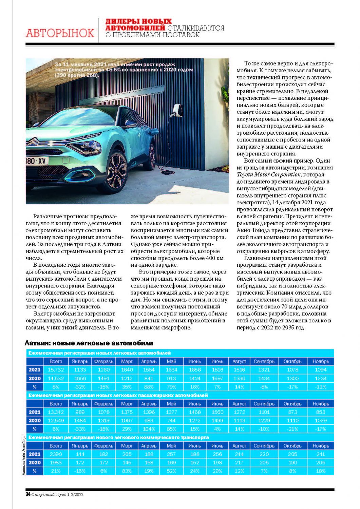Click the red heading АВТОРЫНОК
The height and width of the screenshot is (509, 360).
click(x=60, y=33)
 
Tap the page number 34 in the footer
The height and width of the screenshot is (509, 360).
click(x=28, y=494)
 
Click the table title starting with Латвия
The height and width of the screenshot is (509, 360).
click(x=89, y=343)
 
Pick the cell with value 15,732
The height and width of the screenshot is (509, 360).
click(x=56, y=370)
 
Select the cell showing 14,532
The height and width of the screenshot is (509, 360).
click(x=56, y=378)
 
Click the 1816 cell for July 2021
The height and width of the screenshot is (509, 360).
click(x=217, y=370)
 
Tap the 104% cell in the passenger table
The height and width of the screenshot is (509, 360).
click(x=149, y=429)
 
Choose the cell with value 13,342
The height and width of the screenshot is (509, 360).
click(x=56, y=412)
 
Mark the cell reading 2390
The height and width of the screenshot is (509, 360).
click(x=56, y=454)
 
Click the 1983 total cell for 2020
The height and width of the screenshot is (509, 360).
click(x=56, y=463)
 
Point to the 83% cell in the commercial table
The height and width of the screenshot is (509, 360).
click(x=127, y=471)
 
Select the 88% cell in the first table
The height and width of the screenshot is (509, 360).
click(x=149, y=387)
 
